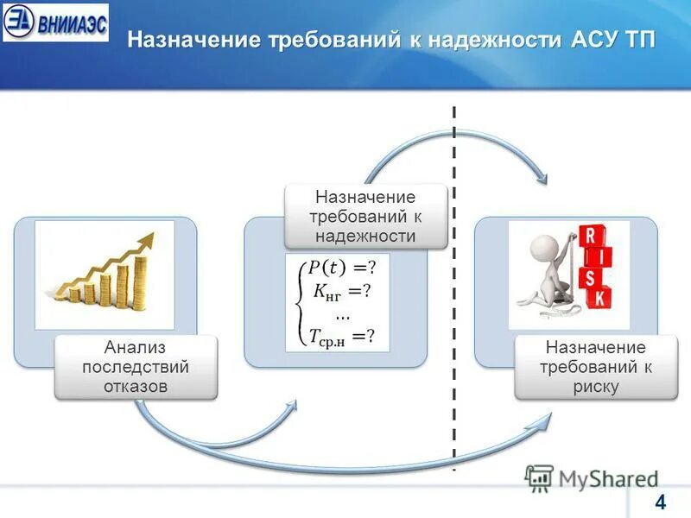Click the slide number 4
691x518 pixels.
tap(661, 502)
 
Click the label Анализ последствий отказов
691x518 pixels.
tap(136, 367)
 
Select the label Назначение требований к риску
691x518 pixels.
tap(594, 367)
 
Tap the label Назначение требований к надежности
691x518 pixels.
tap(365, 217)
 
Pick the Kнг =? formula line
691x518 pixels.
tap(339, 291)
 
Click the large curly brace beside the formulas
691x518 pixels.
tap(298, 301)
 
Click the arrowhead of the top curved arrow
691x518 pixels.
tap(543, 178)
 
